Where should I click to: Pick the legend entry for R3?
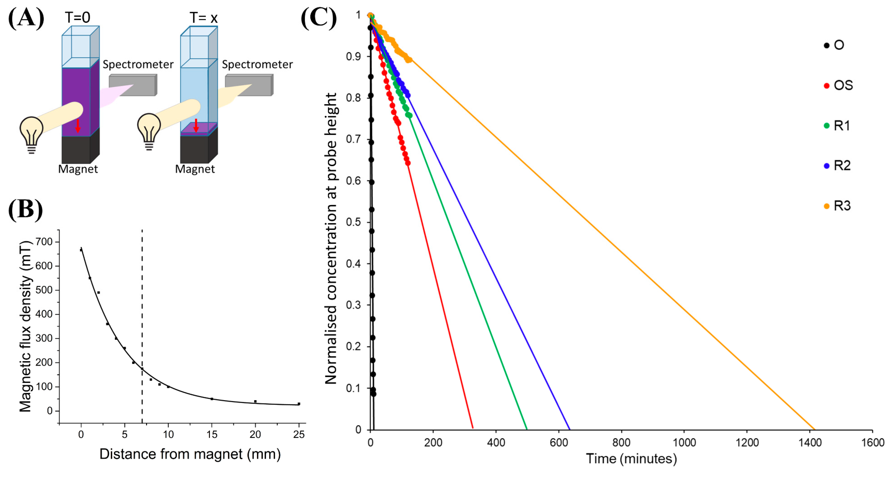click(838, 206)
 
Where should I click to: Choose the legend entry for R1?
click(837, 126)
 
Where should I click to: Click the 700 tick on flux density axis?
click(44, 242)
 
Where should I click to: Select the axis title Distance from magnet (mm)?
click(190, 454)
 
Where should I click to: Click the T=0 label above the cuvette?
click(77, 17)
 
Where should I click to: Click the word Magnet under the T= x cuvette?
click(195, 169)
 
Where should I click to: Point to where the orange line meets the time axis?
click(815, 429)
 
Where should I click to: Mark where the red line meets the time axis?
click(473, 429)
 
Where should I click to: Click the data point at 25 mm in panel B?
click(299, 404)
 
